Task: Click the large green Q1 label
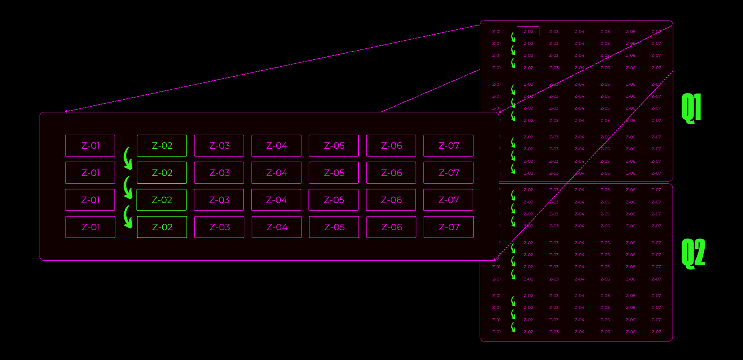click(x=691, y=108)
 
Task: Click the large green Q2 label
click(x=693, y=253)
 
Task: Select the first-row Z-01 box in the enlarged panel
click(x=90, y=145)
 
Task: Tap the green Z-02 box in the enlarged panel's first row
click(x=161, y=145)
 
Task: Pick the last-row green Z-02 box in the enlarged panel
click(x=161, y=227)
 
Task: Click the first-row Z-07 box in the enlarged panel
click(x=448, y=145)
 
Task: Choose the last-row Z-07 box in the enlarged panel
click(x=449, y=227)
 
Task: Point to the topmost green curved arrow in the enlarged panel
click(x=128, y=159)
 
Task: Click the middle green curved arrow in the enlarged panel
click(x=128, y=187)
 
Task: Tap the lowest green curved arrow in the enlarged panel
click(x=128, y=217)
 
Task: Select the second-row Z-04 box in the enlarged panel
click(x=276, y=173)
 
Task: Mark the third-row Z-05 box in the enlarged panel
click(x=334, y=200)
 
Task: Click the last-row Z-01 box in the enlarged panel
click(x=91, y=227)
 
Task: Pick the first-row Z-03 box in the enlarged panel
click(x=219, y=145)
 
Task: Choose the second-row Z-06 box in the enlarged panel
click(x=391, y=173)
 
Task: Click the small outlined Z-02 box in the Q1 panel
click(x=528, y=31)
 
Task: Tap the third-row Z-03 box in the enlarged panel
click(x=219, y=200)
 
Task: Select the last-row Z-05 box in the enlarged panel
click(x=334, y=227)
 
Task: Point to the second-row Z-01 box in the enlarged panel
click(x=90, y=173)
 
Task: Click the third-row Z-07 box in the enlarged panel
click(x=448, y=200)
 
